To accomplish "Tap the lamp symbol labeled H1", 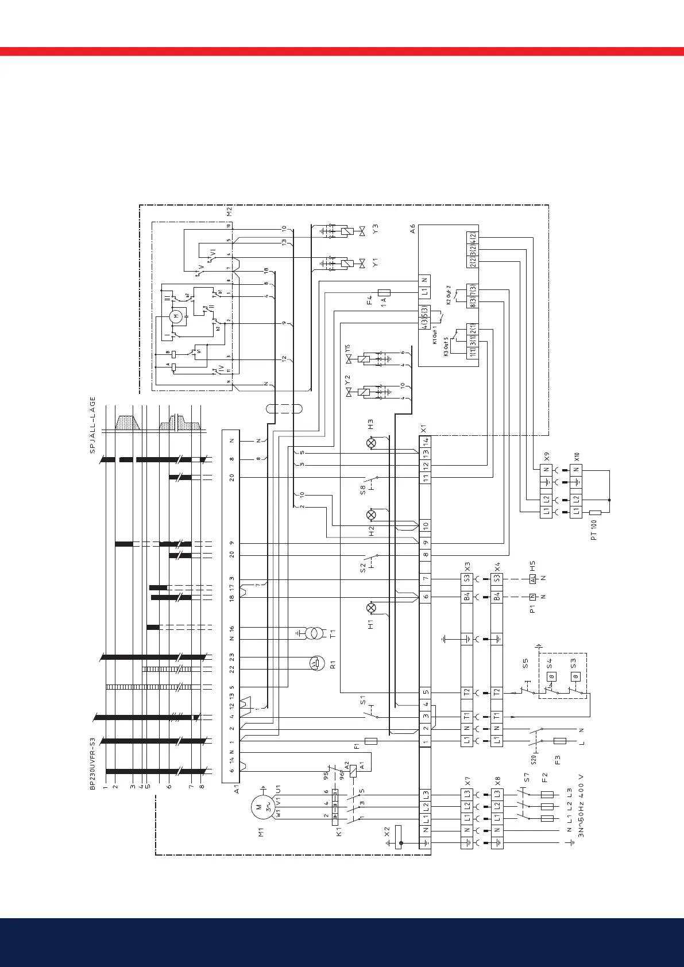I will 370,608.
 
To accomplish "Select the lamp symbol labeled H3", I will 371,443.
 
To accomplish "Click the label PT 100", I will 594,529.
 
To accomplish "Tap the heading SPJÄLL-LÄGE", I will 92,425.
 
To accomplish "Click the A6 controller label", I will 412,229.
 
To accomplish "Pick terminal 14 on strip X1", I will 426,442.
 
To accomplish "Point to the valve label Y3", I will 376,230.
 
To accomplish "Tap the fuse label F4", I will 370,300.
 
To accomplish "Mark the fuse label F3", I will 557,760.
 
